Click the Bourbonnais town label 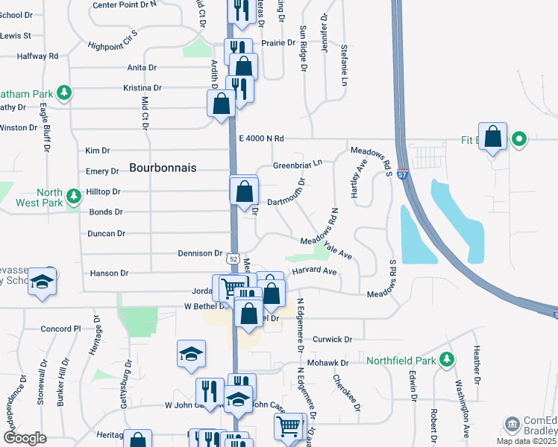(x=163, y=168)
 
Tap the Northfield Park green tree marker (x=447, y=361)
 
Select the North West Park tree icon (x=73, y=197)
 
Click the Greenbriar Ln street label (x=297, y=164)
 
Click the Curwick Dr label (x=332, y=339)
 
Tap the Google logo (x=25, y=438)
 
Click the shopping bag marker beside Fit (x=493, y=137)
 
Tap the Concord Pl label (x=60, y=329)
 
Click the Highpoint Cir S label (x=114, y=39)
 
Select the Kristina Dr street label (x=142, y=88)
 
